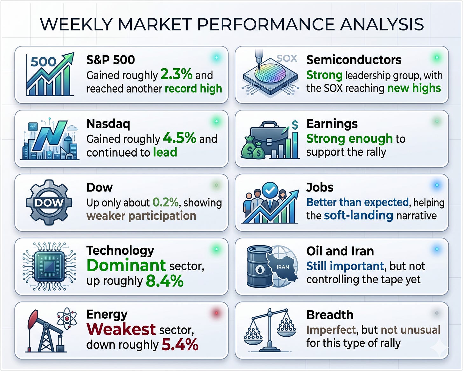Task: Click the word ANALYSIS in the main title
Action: (x=382, y=24)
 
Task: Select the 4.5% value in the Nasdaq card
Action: (x=179, y=138)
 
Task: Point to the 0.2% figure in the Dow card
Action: (x=165, y=202)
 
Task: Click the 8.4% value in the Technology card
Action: (x=165, y=281)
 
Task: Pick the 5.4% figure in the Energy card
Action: (x=180, y=345)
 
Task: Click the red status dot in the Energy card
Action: (x=217, y=313)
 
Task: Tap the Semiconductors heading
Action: (x=354, y=60)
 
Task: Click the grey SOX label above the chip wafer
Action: (x=287, y=58)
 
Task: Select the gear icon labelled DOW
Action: (x=49, y=202)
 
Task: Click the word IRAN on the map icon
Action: (x=283, y=267)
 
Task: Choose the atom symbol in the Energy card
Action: (x=67, y=318)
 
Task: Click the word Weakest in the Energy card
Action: (x=121, y=329)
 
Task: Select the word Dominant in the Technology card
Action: (x=126, y=266)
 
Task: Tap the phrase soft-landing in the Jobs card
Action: (x=358, y=215)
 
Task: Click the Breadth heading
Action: (x=330, y=315)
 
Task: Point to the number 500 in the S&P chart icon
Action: (x=44, y=62)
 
